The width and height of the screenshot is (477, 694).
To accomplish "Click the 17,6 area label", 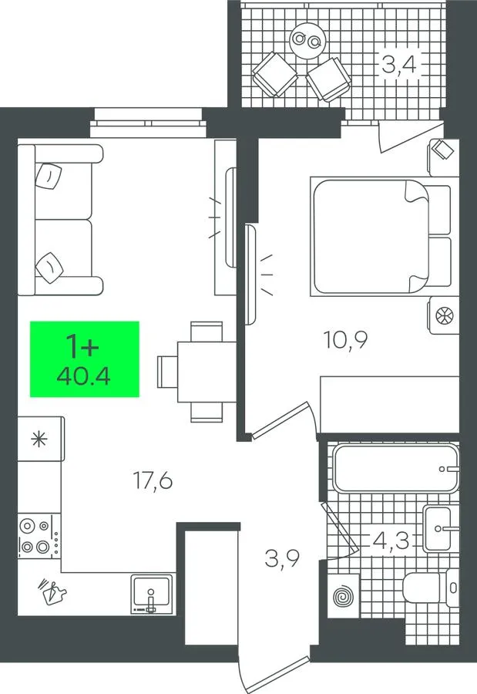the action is point(153,480).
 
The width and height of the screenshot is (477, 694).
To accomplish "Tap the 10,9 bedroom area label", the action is point(345,340).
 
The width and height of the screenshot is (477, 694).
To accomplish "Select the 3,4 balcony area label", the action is point(398,65).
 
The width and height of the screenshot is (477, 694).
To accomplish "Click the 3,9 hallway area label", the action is point(282,558).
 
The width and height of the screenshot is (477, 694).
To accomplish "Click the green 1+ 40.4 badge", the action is point(85,359).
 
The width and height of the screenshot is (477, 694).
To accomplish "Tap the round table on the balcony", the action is point(308,40).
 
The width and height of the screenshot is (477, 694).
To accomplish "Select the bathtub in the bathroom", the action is point(396,468).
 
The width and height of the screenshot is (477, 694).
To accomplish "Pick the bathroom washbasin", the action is point(441,528).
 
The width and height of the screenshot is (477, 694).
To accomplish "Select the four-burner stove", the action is point(39,536).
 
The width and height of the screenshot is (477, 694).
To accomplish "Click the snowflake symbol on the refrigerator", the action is point(39,440).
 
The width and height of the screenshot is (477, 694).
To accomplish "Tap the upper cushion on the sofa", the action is point(49,175).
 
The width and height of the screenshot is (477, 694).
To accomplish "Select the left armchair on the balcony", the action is point(275,74).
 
